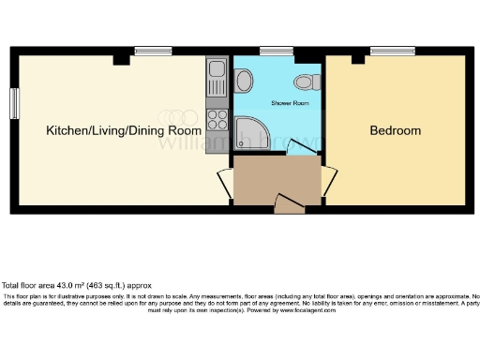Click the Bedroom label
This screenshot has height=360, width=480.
[x=395, y=130]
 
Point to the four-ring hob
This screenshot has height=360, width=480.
[x=217, y=120]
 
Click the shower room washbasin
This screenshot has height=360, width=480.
[x=245, y=82]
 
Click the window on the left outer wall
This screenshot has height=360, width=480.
[x=14, y=103]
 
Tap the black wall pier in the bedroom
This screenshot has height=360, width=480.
[x=356, y=60]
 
